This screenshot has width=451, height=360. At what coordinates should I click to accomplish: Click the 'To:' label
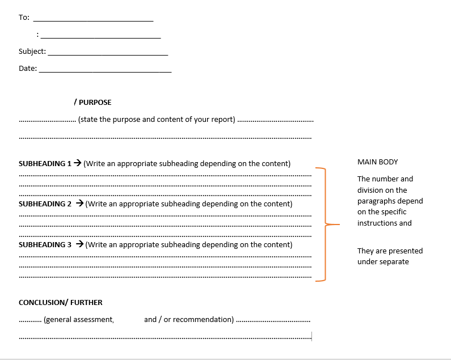[24, 18]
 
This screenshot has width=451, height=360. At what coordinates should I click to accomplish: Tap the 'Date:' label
[28, 69]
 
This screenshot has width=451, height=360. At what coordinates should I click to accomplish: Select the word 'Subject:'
[32, 52]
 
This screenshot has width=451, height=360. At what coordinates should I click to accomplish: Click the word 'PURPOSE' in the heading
[95, 103]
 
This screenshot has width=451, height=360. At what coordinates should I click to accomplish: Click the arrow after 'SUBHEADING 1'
[78, 164]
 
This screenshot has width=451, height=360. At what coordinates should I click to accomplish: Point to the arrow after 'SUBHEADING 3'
[80, 245]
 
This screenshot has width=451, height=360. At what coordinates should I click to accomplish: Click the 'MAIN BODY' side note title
[378, 162]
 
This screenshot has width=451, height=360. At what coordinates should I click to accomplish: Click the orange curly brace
[325, 225]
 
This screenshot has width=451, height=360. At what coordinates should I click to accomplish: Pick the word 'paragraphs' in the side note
[376, 201]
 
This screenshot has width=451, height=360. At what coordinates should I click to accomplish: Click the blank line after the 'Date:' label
[105, 71]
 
